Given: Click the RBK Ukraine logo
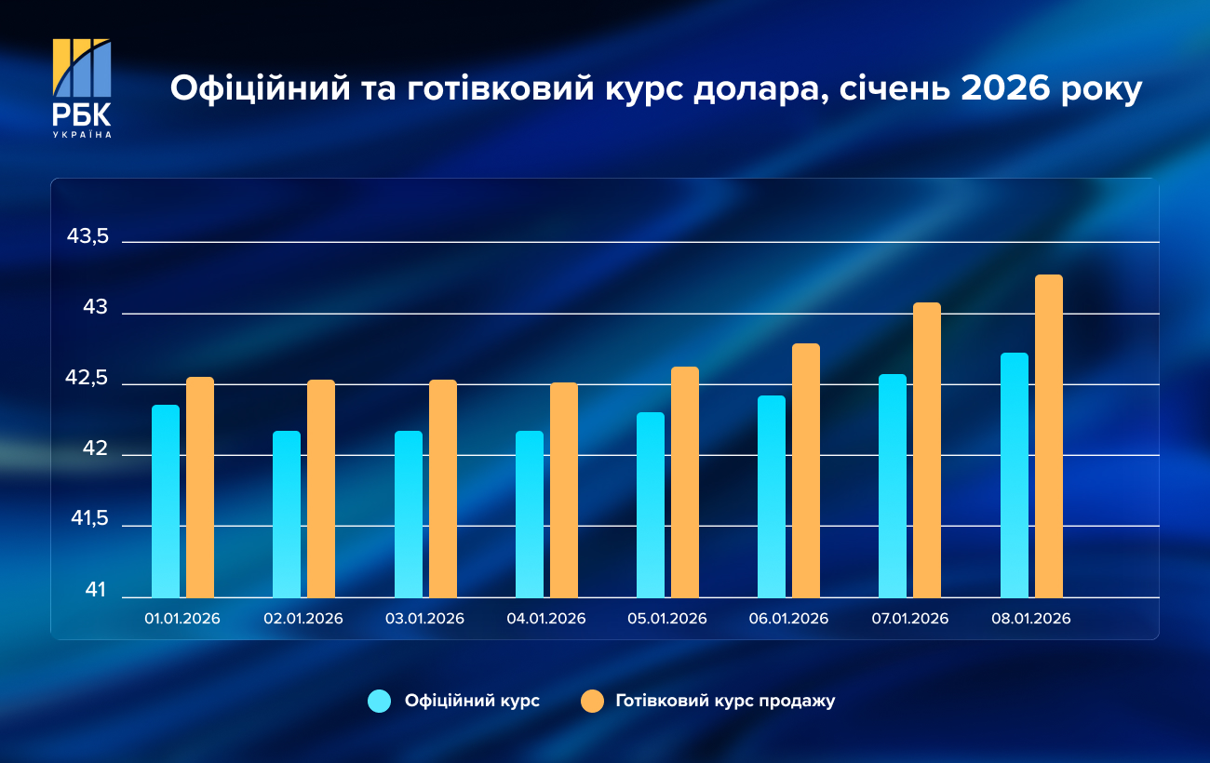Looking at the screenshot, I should [x=82, y=87].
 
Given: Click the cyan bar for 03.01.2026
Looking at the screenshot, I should [x=409, y=514].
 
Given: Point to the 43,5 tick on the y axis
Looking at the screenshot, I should [x=88, y=237].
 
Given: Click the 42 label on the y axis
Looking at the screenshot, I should [x=95, y=450].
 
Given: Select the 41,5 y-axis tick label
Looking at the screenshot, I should [x=88, y=521].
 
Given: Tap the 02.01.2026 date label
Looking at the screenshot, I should [x=303, y=619].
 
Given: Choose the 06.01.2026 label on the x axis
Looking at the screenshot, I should [x=788, y=619].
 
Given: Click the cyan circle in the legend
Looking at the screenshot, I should [x=380, y=702].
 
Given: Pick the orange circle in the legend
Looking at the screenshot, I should [x=591, y=702].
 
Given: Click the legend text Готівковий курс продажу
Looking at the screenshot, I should [x=725, y=702].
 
